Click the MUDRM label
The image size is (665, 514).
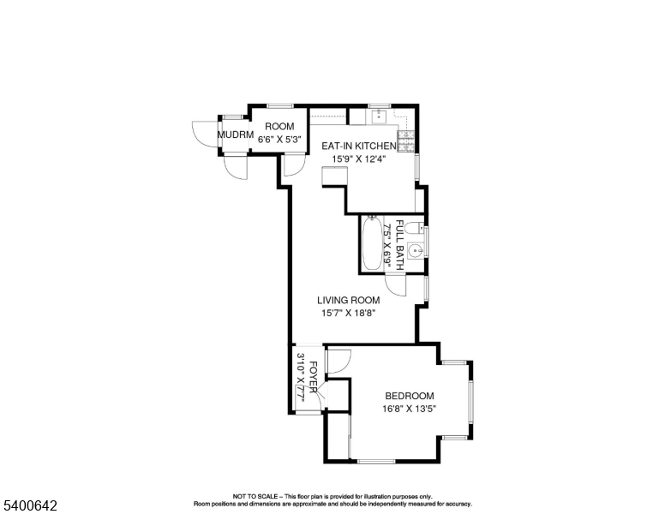click(235, 135)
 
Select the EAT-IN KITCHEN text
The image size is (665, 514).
click(359, 146)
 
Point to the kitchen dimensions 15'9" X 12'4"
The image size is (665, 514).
click(359, 158)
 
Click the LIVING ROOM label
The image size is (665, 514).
click(349, 301)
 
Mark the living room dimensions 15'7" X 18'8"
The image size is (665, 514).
click(349, 314)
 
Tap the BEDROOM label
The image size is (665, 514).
click(409, 396)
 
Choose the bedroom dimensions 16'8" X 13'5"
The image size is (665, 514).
click(409, 409)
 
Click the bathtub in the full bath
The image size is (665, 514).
click(373, 244)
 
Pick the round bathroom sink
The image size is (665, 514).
click(414, 251)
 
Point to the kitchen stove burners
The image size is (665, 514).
click(405, 135)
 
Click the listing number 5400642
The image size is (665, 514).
click(29, 506)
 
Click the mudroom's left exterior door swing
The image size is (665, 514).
click(199, 134)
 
